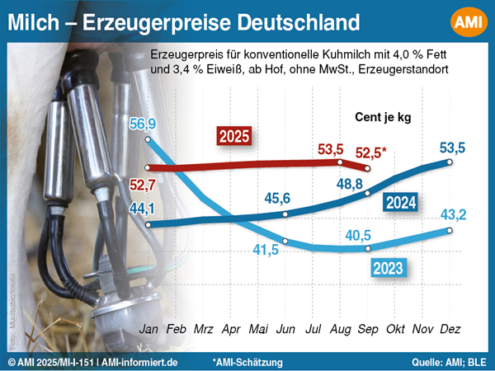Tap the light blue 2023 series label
coord(387,267)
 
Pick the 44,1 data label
coord(144,209)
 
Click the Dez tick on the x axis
coord(450,330)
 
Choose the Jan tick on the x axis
coord(148,330)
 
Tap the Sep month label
coord(368,330)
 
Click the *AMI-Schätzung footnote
coord(247,362)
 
